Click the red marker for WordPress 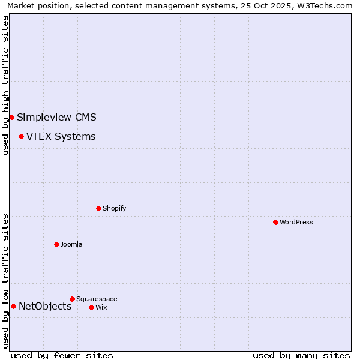pyautogui.click(x=275, y=222)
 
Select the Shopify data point pyautogui.click(x=98, y=208)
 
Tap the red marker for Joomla pyautogui.click(x=56, y=244)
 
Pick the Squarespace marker pyautogui.click(x=72, y=299)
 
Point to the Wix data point pyautogui.click(x=91, y=307)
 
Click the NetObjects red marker pyautogui.click(x=13, y=306)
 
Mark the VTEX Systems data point pyautogui.click(x=21, y=136)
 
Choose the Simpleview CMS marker pyautogui.click(x=11, y=117)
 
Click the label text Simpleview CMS pyautogui.click(x=56, y=117)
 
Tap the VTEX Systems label pyautogui.click(x=61, y=136)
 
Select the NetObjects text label pyautogui.click(x=45, y=306)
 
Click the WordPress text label pyautogui.click(x=296, y=222)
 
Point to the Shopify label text pyautogui.click(x=114, y=208)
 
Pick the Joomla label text pyautogui.click(x=71, y=244)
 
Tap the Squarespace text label pyautogui.click(x=97, y=299)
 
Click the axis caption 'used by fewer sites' pyautogui.click(x=62, y=355)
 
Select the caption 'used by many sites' pyautogui.click(x=301, y=355)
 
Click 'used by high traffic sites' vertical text pyautogui.click(x=5, y=85)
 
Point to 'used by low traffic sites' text pyautogui.click(x=5, y=280)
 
